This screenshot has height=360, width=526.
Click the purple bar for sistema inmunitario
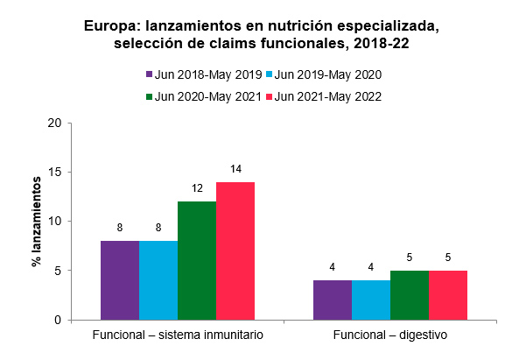point(120,280)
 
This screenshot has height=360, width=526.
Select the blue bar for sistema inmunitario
point(158,280)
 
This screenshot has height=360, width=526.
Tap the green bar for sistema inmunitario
point(197,260)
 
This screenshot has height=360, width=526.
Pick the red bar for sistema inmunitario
point(235,251)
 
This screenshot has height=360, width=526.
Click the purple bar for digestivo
point(333,300)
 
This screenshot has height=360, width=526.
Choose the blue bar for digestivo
point(371,300)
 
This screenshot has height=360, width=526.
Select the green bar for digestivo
point(410,295)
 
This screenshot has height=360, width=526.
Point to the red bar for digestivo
point(448,295)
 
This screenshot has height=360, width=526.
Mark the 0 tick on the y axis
point(57,320)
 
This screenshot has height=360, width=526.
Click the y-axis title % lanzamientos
point(38,221)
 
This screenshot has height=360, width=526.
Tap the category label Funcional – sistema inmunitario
point(178,335)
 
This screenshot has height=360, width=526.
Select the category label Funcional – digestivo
point(390,335)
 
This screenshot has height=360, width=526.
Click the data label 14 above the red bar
point(235,169)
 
